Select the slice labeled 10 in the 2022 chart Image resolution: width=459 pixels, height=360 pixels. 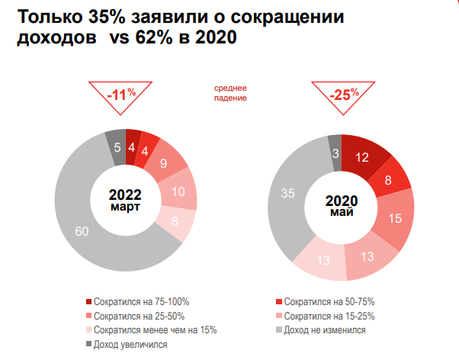pos(178,192)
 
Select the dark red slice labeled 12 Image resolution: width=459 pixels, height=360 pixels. pos(362,158)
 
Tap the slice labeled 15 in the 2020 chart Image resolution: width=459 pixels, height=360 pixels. pos(394,217)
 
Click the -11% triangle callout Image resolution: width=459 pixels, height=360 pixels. pos(120,95)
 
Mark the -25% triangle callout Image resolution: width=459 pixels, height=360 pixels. pos(344,95)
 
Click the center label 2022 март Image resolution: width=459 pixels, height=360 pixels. pos(124,200)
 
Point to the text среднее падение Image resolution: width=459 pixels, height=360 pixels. pos(231,92)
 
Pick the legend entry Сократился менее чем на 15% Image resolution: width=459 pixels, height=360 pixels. pos(152,330)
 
